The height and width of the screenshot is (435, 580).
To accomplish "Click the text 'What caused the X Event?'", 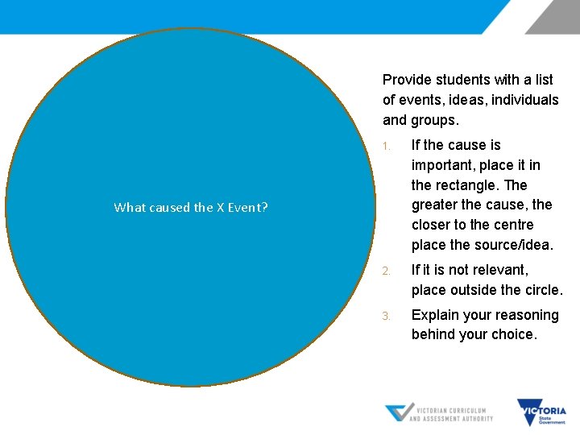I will pos(191,208).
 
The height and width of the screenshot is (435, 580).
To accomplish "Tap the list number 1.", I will pos(387,147).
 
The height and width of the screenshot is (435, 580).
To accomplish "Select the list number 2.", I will pos(387,271).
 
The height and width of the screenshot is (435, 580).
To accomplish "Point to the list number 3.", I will pos(387,316).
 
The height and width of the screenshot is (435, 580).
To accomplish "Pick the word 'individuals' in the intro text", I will pos(524,100).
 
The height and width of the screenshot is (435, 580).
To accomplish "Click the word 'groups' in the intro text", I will pos(434,120).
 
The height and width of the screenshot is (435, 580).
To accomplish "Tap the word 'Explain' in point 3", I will pos(437,315).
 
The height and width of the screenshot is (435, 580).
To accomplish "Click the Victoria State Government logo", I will pos(541,412).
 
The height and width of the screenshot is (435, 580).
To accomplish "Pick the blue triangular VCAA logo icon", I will pos(399,412).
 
